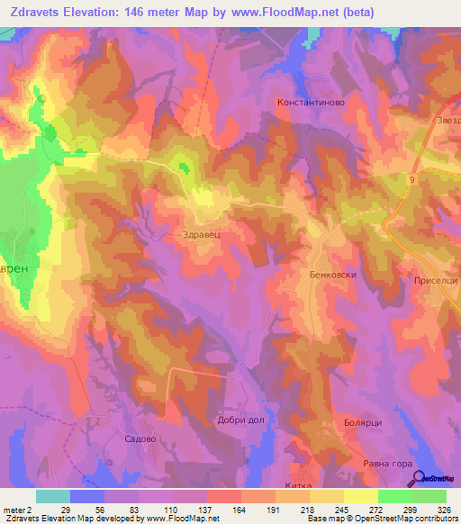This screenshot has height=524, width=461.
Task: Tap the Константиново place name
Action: [311, 104]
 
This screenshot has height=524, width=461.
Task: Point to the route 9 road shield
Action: [411, 181]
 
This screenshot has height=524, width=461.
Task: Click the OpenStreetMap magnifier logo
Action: [419, 477]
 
